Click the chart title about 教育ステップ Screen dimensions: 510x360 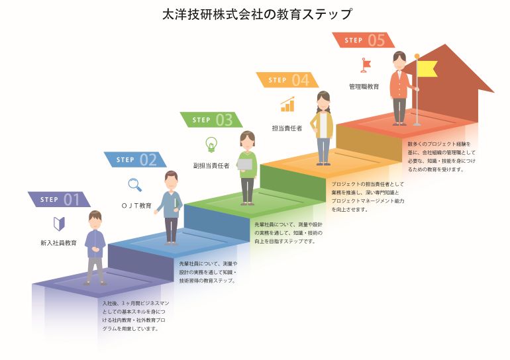[x=256, y=15]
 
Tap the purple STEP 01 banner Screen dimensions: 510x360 [x=59, y=199]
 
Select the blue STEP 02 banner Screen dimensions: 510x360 [x=135, y=159]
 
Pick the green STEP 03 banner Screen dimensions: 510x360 [x=211, y=120]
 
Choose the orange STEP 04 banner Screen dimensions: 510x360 [x=287, y=80]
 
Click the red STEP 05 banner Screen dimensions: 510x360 [x=364, y=40]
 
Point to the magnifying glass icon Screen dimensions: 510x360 [x=135, y=185]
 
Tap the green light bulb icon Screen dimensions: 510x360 [x=211, y=144]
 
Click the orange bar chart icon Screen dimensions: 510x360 [x=287, y=104]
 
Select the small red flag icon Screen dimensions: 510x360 [x=366, y=65]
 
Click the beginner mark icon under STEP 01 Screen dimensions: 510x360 [x=59, y=224]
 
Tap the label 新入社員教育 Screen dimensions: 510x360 [x=58, y=243]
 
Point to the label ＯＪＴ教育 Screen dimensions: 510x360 [x=136, y=205]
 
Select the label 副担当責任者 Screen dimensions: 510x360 [x=211, y=165]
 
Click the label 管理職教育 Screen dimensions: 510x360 [x=364, y=87]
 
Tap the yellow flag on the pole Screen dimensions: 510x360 [x=427, y=69]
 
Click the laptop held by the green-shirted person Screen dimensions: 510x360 [x=245, y=164]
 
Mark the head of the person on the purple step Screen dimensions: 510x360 [x=95, y=220]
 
